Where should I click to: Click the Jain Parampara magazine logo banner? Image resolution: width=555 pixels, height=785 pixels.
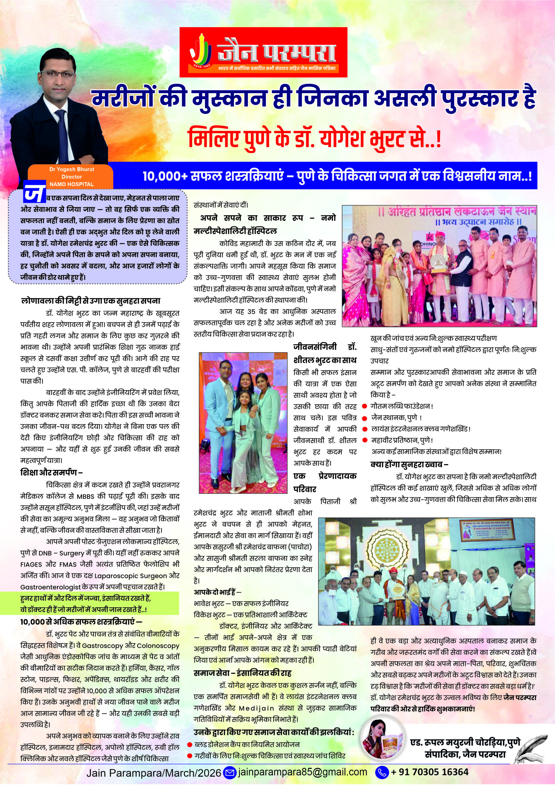[x=263, y=52]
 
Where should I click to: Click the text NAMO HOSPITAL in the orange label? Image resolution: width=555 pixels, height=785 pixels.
[x=71, y=184]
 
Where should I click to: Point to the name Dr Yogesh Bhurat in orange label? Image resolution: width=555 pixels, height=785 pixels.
[x=71, y=169]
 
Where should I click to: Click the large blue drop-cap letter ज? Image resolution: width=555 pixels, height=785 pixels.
[x=34, y=193]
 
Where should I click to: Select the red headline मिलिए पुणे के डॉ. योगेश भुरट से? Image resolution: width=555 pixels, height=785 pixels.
[x=315, y=137]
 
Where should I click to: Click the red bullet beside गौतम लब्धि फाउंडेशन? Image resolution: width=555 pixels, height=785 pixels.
[x=365, y=406]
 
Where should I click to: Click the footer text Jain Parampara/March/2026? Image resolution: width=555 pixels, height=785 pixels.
[x=154, y=772]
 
